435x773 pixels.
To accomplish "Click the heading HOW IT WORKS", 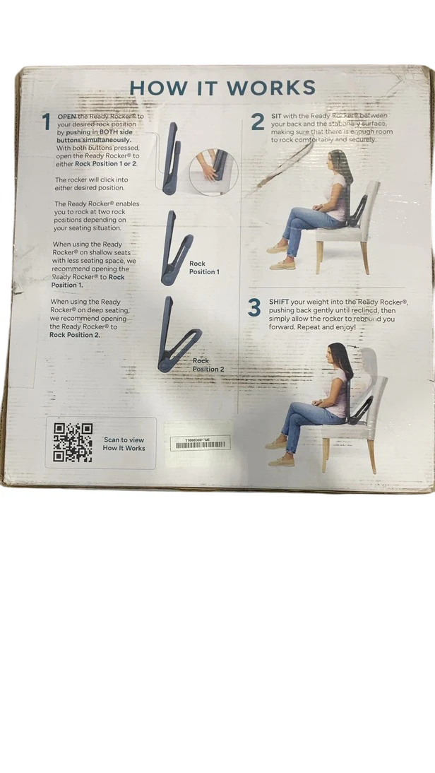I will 222,88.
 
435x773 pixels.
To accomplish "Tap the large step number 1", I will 47,122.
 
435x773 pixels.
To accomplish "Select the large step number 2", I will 257,122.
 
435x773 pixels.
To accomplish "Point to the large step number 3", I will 255,307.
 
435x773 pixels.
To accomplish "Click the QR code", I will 73,442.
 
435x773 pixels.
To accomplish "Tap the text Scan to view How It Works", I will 124,444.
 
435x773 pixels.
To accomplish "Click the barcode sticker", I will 200,443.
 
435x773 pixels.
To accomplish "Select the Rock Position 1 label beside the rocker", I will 204,267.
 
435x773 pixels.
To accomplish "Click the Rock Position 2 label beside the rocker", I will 208,365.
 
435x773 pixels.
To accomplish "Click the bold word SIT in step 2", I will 276,115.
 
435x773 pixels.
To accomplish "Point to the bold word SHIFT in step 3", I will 280,302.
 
